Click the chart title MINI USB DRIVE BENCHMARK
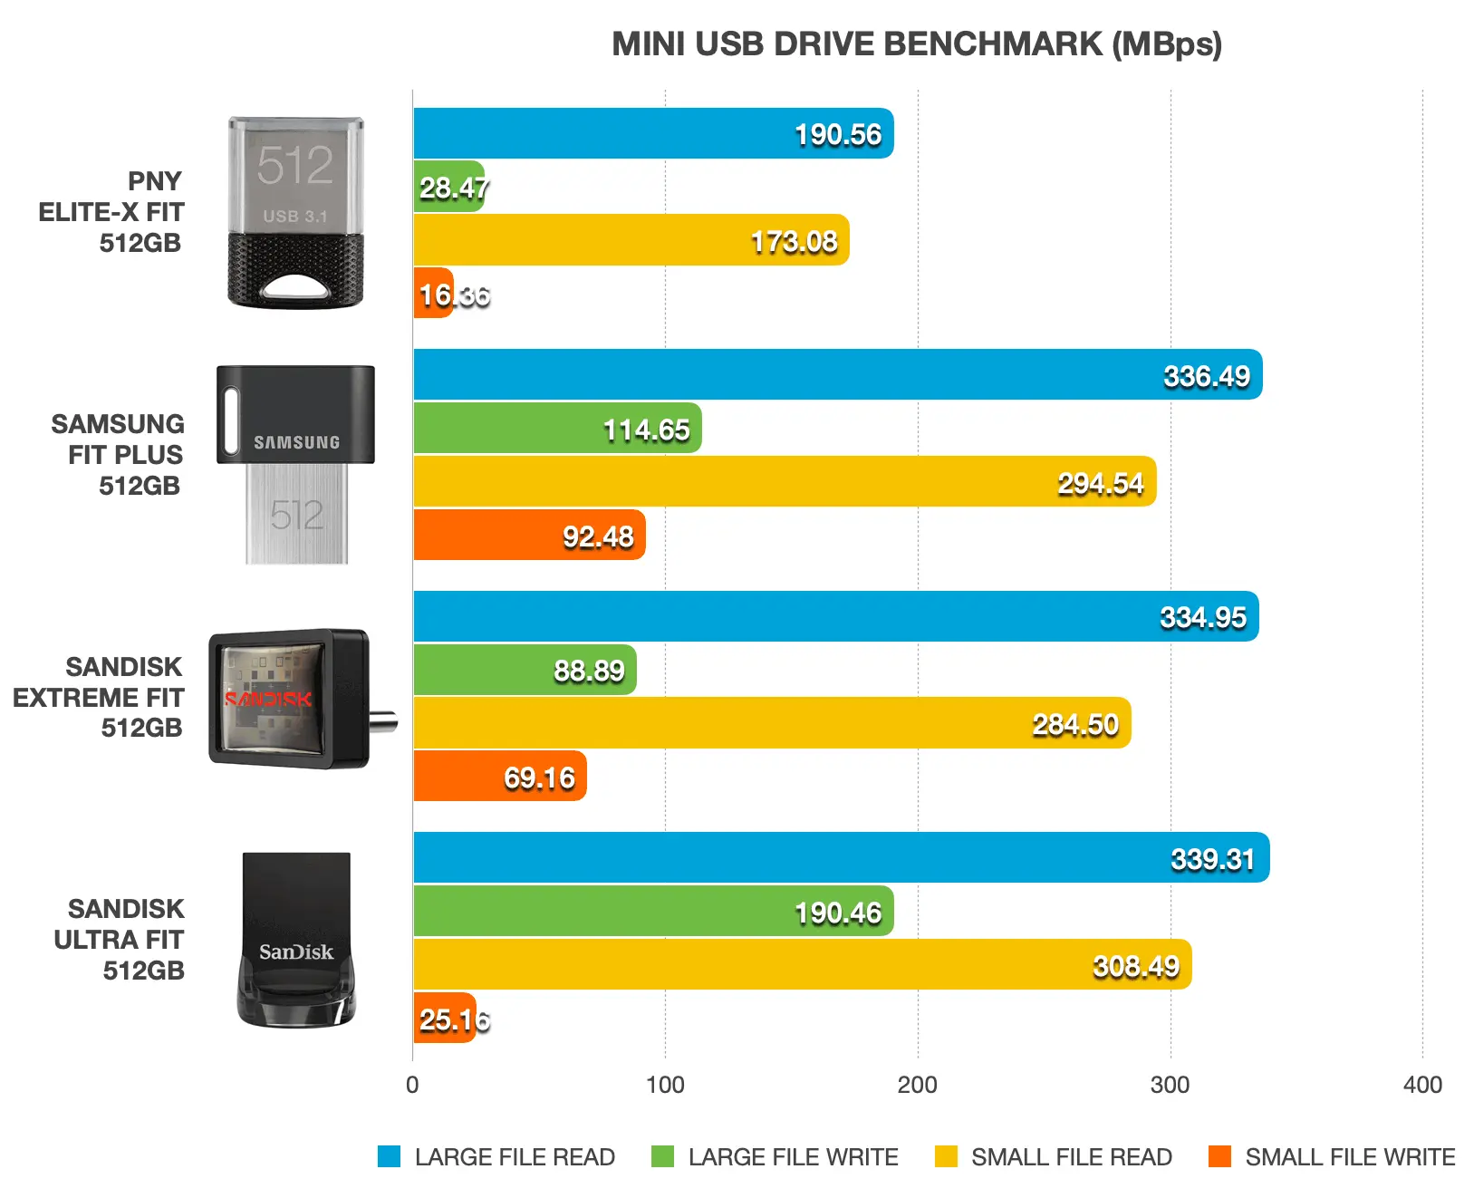click(x=916, y=44)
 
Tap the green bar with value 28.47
click(x=448, y=187)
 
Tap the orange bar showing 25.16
click(x=443, y=1019)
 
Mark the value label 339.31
click(x=1212, y=859)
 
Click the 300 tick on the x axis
click(x=1170, y=1085)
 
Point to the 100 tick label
click(x=665, y=1085)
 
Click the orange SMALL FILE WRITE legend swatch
click(x=1219, y=1156)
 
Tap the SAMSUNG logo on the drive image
click(x=296, y=442)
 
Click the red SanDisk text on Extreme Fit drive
click(x=268, y=700)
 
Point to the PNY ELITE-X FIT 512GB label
click(x=111, y=212)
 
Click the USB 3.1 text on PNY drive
click(x=294, y=217)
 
